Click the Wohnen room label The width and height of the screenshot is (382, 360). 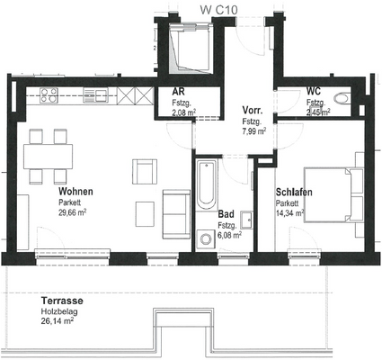tap(76, 191)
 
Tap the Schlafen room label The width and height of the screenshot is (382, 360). tap(294, 192)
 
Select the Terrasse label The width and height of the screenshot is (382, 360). tap(62, 301)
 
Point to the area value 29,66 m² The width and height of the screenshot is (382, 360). tap(73, 212)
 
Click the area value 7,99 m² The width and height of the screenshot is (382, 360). tap(254, 130)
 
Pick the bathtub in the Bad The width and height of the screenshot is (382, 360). tap(207, 185)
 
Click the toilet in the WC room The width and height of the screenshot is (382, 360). tap(342, 98)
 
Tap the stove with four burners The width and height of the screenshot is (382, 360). tap(49, 95)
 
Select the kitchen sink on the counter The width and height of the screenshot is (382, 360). tap(95, 95)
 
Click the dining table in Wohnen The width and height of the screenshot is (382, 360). tap(49, 157)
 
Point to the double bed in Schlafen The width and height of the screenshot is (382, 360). tap(333, 195)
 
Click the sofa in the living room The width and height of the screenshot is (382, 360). tap(176, 214)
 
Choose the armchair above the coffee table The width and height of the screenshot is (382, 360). tap(145, 172)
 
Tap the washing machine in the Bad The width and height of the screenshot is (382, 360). tap(206, 239)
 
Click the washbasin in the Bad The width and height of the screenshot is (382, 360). tap(247, 220)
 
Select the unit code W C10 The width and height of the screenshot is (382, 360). tap(219, 10)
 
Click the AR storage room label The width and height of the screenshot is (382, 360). tap(178, 91)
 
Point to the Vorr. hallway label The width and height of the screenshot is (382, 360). tap(253, 111)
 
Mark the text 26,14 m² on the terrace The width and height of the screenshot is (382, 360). tap(58, 321)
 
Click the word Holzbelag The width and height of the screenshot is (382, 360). tap(59, 311)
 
